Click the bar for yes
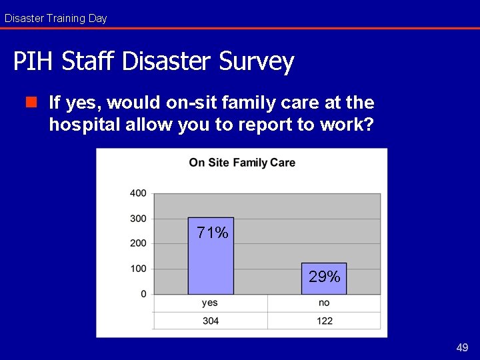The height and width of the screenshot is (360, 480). (x=211, y=263)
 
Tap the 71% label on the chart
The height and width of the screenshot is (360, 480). (x=213, y=233)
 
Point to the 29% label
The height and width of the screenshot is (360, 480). (x=325, y=276)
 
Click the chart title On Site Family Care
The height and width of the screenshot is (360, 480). (x=242, y=163)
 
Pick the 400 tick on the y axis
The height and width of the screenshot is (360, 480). (x=138, y=193)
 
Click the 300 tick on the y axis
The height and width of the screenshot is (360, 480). (x=138, y=219)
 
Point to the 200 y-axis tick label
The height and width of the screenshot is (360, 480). (x=138, y=243)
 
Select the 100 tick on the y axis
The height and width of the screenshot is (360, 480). (x=138, y=269)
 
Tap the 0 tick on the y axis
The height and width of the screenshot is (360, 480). (x=143, y=294)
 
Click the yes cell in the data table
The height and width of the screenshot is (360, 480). (x=210, y=303)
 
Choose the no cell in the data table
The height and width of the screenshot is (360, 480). (x=324, y=303)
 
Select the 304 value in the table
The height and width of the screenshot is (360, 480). (x=210, y=321)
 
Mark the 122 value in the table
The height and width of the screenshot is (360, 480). (x=324, y=321)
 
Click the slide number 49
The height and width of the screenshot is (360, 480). (x=462, y=347)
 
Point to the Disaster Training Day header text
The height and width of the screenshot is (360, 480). (x=55, y=19)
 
